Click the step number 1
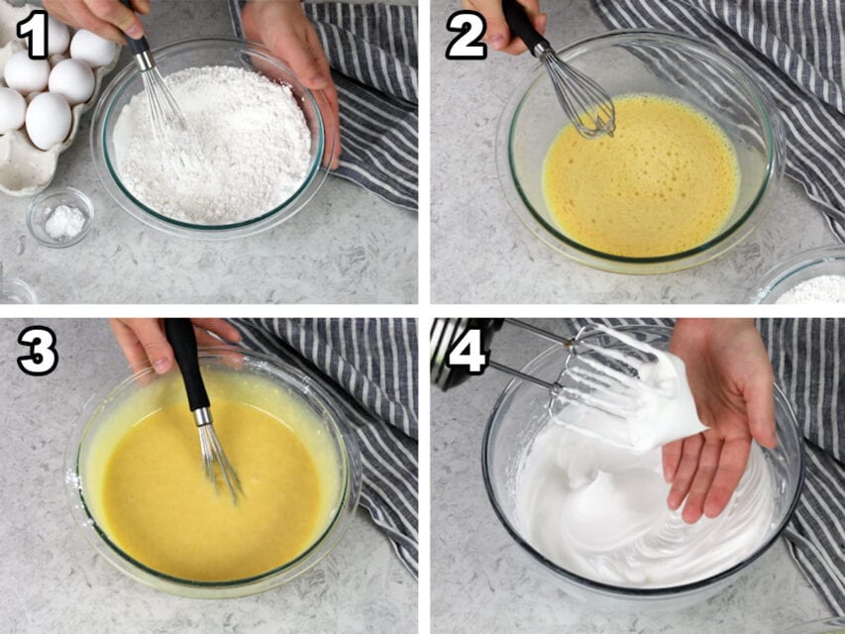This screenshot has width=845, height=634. click(33, 36)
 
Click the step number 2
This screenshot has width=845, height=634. click(465, 38)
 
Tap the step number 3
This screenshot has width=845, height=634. click(37, 351)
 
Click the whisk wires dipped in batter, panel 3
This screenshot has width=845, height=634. click(221, 461)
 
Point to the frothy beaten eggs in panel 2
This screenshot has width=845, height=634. click(644, 183)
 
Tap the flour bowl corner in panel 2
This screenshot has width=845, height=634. click(807, 282)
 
